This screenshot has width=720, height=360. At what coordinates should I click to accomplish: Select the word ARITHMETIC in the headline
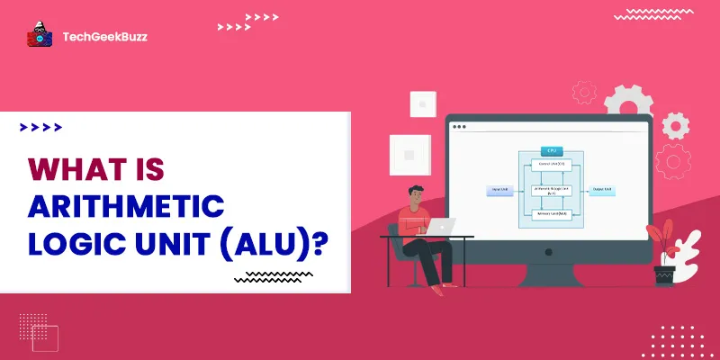[125, 206]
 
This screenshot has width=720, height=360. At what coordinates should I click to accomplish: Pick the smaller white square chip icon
[422, 104]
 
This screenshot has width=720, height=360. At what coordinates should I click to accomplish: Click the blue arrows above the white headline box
[40, 128]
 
